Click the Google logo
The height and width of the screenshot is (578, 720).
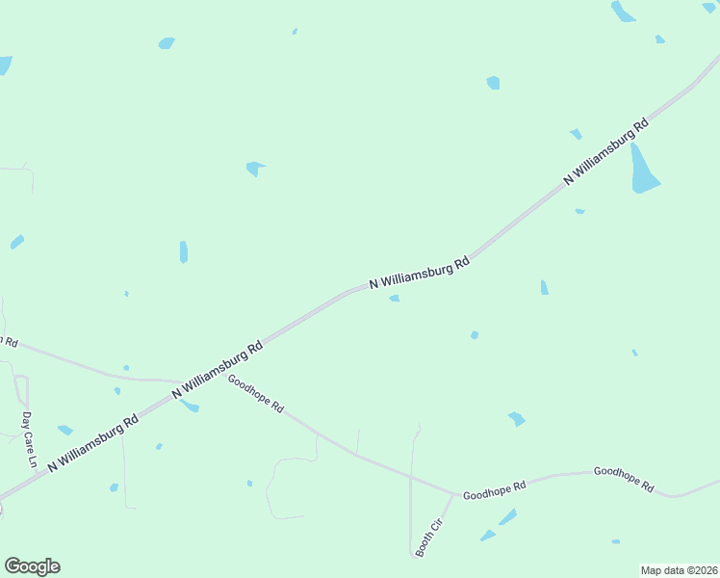tap(32, 566)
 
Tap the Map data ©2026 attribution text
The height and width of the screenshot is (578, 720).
tap(678, 570)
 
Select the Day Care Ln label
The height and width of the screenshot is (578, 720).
tap(29, 440)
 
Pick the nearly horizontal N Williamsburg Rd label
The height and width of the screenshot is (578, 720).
tap(419, 275)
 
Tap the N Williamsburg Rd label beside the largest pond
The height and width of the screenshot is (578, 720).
tap(606, 151)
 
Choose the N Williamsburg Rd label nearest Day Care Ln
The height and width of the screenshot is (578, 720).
tap(92, 443)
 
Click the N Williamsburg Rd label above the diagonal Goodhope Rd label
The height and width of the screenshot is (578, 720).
tap(218, 370)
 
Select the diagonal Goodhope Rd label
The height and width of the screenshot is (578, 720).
tap(255, 394)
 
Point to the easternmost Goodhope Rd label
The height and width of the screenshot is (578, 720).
tap(624, 479)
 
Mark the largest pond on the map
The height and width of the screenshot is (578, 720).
tap(643, 170)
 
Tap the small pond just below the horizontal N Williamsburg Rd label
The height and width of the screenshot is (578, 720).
tap(395, 299)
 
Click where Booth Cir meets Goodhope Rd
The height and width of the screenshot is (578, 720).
tap(454, 495)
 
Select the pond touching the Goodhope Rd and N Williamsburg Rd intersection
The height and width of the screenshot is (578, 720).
tap(190, 406)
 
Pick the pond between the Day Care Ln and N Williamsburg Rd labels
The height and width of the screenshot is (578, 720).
tap(64, 430)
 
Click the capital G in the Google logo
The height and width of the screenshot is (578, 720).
tap(13, 566)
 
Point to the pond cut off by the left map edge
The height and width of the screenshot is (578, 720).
tap(5, 65)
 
